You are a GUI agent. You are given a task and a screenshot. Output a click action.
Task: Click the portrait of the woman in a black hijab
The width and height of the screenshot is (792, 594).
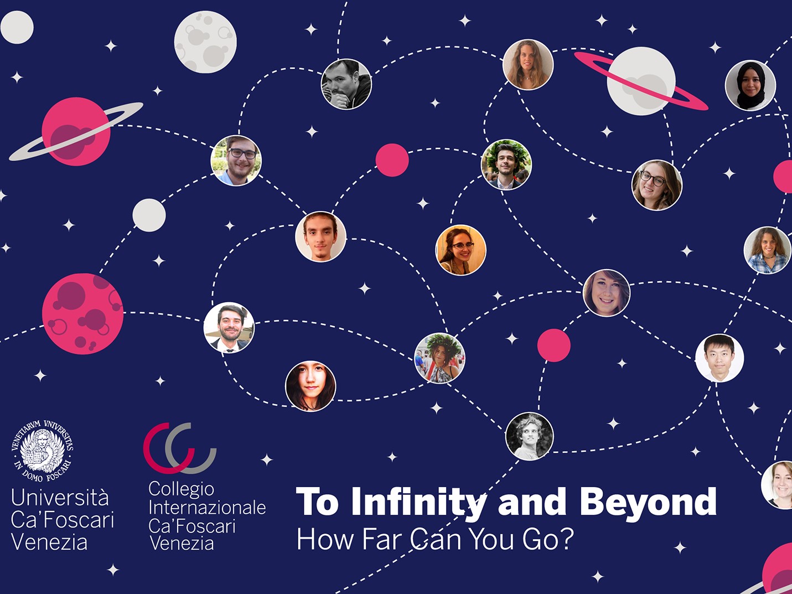[x=750, y=85]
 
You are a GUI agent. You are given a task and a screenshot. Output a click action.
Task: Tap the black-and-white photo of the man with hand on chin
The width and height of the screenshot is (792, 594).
[x=346, y=84]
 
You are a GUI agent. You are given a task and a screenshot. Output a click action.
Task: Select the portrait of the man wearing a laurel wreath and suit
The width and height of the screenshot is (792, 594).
[x=506, y=164]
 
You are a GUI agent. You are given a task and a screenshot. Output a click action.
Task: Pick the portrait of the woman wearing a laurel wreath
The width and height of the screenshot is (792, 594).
[x=439, y=358]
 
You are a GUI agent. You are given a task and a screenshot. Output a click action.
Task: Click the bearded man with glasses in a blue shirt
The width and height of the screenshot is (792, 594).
[x=236, y=161]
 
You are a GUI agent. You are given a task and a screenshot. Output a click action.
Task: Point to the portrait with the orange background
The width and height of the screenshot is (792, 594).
[x=461, y=250]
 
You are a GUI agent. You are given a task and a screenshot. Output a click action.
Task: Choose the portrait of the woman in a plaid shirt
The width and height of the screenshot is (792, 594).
[x=768, y=250]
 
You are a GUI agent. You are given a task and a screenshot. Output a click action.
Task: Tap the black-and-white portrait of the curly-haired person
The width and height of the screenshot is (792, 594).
[x=529, y=436]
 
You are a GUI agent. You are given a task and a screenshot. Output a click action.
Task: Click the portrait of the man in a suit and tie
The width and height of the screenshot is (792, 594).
[x=229, y=327]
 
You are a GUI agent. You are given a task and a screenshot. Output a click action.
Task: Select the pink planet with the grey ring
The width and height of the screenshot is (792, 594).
[x=76, y=131]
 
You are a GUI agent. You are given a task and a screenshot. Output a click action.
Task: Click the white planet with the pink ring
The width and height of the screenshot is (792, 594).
[x=641, y=81]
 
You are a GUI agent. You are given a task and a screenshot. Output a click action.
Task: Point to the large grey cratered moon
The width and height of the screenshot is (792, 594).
[x=205, y=42]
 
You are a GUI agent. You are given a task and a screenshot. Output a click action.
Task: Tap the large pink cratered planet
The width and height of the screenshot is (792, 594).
[x=82, y=313]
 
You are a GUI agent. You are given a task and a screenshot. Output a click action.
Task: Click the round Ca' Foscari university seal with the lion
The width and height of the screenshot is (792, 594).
[x=42, y=451]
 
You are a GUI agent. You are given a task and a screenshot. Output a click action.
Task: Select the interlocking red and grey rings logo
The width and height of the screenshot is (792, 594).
[x=180, y=448]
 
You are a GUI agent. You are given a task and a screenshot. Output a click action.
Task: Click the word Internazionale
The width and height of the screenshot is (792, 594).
[x=207, y=508]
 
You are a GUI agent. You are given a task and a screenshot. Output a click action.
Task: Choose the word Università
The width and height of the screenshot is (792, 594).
[x=60, y=497]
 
